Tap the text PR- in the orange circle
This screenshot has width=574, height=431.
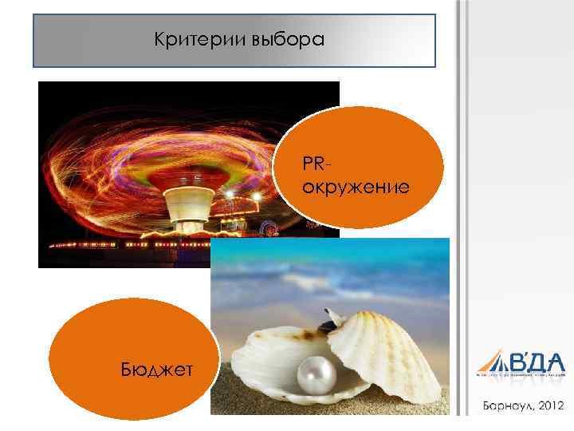click(316, 164)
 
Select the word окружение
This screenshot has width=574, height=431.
click(356, 188)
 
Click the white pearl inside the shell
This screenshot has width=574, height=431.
click(313, 373)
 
